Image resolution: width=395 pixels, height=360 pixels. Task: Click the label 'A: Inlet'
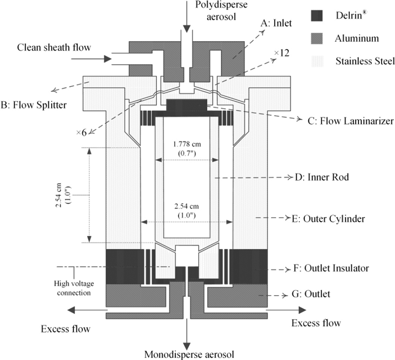[x=276, y=23]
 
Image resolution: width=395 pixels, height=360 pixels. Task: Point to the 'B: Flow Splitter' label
[x=34, y=105]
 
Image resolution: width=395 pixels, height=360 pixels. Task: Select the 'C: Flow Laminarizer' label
[x=350, y=121]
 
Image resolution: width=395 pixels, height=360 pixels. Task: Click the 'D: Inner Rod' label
[x=322, y=177]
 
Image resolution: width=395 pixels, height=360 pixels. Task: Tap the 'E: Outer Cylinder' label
[x=328, y=218]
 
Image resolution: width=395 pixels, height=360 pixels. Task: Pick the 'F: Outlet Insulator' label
[x=331, y=268]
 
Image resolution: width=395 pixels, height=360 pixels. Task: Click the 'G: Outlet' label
[x=311, y=294]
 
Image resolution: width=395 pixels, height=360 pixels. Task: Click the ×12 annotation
[x=282, y=53]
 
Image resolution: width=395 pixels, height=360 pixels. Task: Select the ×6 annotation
[x=81, y=133]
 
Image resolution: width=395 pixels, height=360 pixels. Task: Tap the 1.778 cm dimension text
[x=187, y=145]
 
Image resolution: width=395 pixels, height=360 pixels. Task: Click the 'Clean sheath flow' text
[x=54, y=47]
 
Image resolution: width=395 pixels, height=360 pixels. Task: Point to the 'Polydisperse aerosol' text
[x=221, y=11]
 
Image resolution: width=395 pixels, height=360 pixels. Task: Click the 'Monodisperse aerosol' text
[x=189, y=354]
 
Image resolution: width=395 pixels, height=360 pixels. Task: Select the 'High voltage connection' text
[x=74, y=288]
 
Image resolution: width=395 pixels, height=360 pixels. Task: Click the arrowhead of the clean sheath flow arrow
[x=108, y=59]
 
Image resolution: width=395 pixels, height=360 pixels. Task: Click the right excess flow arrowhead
[x=302, y=310]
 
